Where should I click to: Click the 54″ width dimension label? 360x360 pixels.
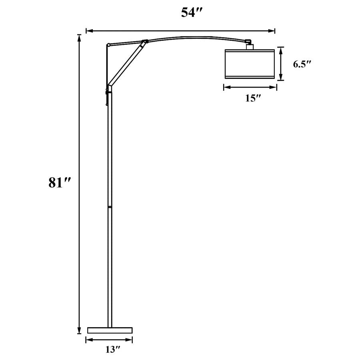[x=193, y=13]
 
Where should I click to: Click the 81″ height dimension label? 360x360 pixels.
[x=60, y=183]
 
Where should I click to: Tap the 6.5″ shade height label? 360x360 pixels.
[x=302, y=64]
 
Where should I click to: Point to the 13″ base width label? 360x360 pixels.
[x=113, y=350]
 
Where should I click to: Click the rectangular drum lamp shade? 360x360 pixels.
[x=250, y=64]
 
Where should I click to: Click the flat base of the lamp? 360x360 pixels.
[x=110, y=330]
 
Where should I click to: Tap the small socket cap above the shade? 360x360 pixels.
[x=250, y=46]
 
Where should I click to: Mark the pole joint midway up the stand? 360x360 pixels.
[x=110, y=207]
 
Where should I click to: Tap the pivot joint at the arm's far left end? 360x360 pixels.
[x=108, y=45]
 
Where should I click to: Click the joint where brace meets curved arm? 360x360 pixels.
[x=145, y=41]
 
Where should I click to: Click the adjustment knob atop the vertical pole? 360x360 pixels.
[x=107, y=92]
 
